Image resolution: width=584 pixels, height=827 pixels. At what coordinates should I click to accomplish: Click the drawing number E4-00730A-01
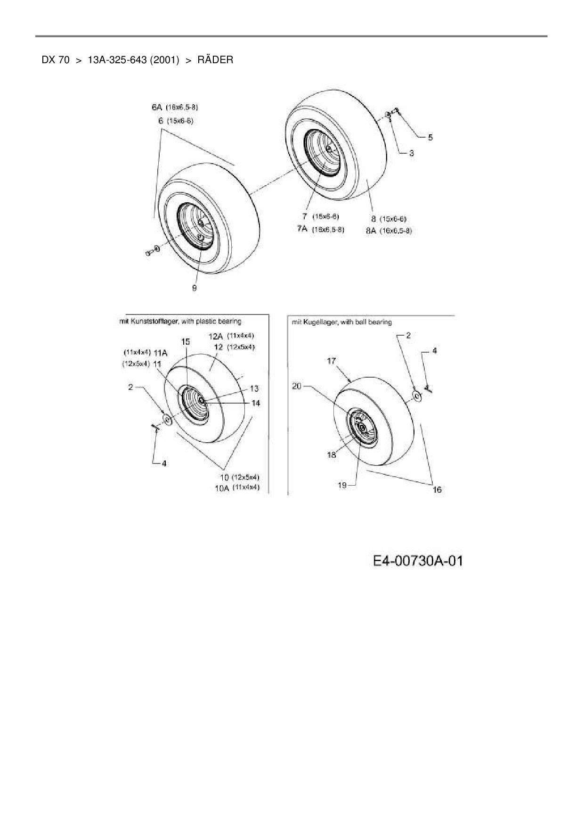point(418,561)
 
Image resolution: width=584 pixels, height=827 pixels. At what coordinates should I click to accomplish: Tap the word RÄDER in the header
point(215,60)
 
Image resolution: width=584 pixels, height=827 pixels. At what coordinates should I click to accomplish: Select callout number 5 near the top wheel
point(430,137)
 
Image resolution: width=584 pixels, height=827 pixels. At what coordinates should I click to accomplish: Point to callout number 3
point(411,153)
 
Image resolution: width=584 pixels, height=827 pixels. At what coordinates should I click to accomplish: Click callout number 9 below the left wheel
point(195,288)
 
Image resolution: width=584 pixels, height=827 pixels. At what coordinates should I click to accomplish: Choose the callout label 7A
point(302,229)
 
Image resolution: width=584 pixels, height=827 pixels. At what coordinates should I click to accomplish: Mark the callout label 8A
point(371,231)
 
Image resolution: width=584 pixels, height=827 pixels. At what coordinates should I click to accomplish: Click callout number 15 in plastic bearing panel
point(186,341)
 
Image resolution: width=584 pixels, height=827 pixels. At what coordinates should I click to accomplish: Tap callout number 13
point(254,389)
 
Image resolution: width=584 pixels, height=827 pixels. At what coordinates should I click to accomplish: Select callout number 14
point(256,403)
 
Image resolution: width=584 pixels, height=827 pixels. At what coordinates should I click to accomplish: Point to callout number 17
point(331,361)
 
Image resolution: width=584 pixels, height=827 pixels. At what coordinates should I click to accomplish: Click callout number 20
point(297,386)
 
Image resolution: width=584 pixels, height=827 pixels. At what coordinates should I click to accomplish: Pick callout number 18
point(332,455)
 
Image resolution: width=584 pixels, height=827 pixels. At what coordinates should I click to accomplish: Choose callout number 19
point(342,485)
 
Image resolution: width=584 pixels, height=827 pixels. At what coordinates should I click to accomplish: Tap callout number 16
point(437,490)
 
